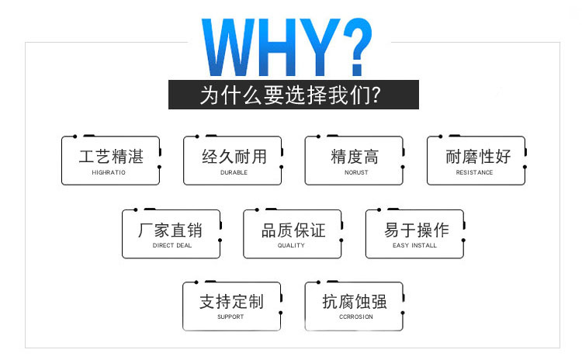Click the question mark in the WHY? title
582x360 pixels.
click(357, 47)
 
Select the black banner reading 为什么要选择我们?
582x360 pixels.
click(293, 95)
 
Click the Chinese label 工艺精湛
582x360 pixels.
click(111, 157)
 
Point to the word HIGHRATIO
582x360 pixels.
click(109, 172)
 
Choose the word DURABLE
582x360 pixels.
click(234, 172)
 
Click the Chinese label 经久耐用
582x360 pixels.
click(234, 157)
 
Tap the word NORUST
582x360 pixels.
click(356, 172)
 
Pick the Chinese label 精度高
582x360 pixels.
click(355, 157)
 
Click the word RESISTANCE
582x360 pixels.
click(474, 172)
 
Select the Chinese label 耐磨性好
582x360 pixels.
click(478, 157)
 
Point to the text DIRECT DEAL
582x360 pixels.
click(172, 245)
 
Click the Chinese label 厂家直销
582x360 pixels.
click(171, 230)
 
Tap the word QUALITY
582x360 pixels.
click(291, 245)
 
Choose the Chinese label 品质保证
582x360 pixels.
click(293, 230)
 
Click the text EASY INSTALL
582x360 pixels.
click(414, 245)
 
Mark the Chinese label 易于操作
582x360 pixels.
click(417, 230)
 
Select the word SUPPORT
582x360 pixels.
click(230, 317)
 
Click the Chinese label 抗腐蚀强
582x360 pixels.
click(355, 301)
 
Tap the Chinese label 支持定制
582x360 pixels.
click(231, 301)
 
